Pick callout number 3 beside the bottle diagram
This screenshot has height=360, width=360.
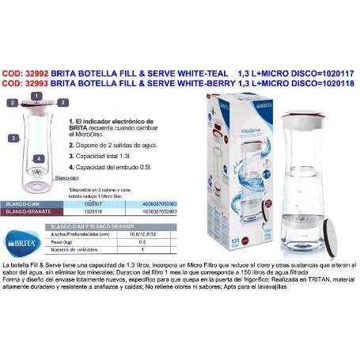(13, 137)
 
